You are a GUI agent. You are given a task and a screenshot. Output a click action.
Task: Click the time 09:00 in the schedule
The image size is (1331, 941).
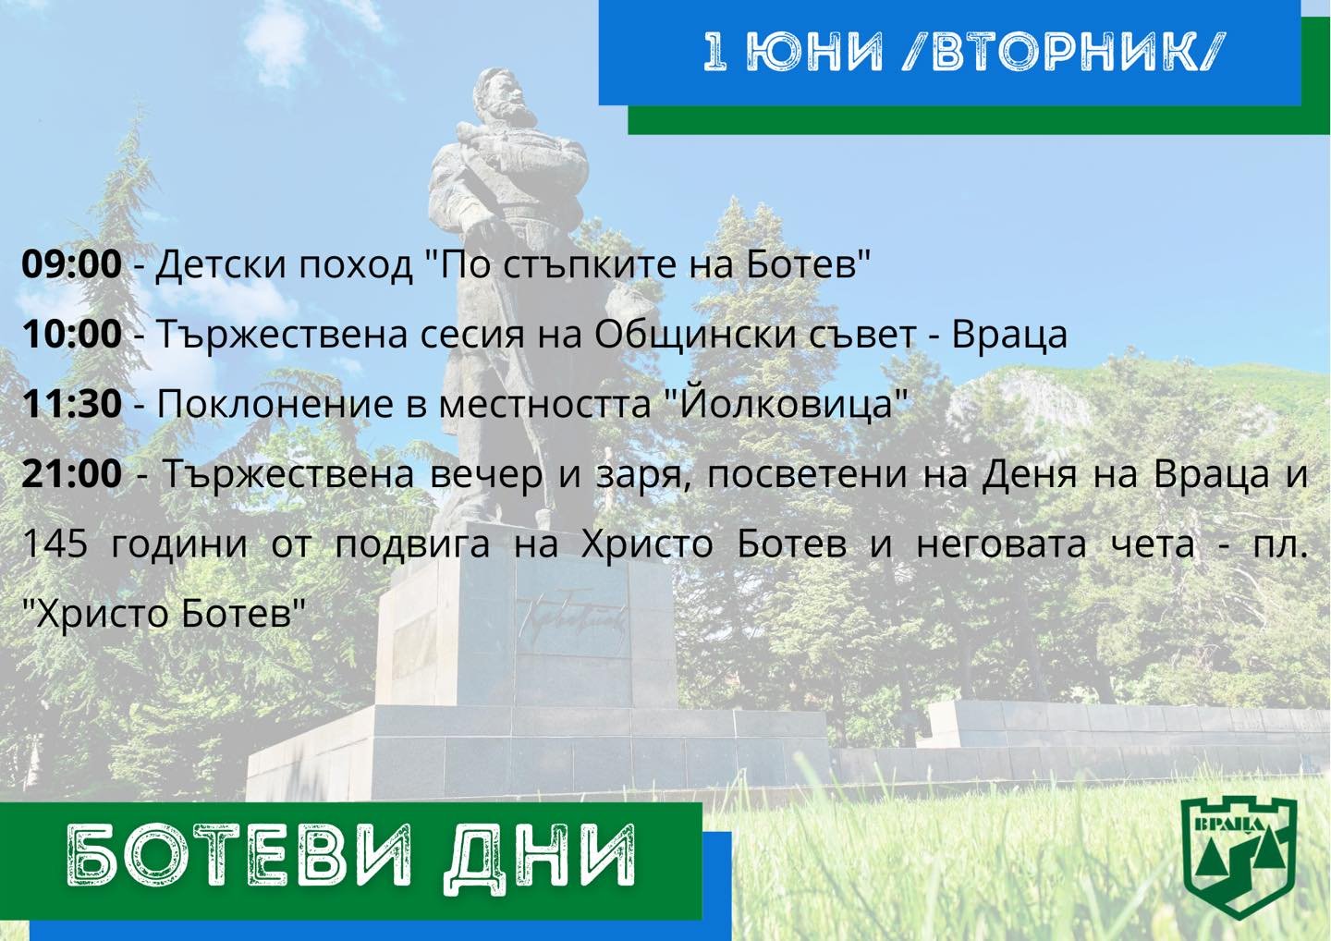pyautogui.click(x=72, y=263)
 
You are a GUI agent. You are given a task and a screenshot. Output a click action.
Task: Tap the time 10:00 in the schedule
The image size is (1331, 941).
pyautogui.click(x=72, y=334)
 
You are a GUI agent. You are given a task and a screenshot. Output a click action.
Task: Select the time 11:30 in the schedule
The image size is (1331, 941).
pyautogui.click(x=72, y=403)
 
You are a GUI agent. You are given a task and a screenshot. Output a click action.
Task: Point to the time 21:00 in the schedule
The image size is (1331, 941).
pyautogui.click(x=72, y=473)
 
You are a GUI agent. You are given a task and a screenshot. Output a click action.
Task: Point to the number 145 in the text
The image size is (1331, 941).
pyautogui.click(x=55, y=544)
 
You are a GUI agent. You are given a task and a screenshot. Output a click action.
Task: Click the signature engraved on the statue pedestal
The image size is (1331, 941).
pyautogui.click(x=570, y=617)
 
